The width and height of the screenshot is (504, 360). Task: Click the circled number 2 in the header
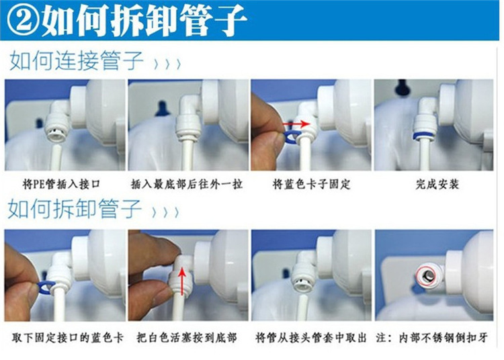(23, 20)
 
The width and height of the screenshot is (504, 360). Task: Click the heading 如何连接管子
(77, 60)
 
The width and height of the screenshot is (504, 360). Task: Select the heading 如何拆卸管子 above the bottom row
(75, 208)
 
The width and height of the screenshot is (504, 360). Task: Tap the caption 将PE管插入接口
(61, 184)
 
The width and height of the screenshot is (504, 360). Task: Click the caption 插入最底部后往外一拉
(187, 184)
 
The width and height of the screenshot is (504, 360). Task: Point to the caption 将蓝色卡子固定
(311, 184)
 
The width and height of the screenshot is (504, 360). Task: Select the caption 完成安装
(437, 184)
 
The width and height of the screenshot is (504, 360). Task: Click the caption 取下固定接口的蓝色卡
(67, 338)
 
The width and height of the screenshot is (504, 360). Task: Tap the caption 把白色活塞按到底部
(187, 338)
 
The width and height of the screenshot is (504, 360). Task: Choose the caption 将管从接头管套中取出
(311, 338)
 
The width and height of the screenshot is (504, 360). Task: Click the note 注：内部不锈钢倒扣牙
(432, 338)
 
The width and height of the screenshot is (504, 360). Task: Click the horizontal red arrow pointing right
(296, 124)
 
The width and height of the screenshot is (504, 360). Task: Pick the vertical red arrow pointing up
(182, 281)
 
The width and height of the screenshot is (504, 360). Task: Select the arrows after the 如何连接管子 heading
(167, 64)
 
